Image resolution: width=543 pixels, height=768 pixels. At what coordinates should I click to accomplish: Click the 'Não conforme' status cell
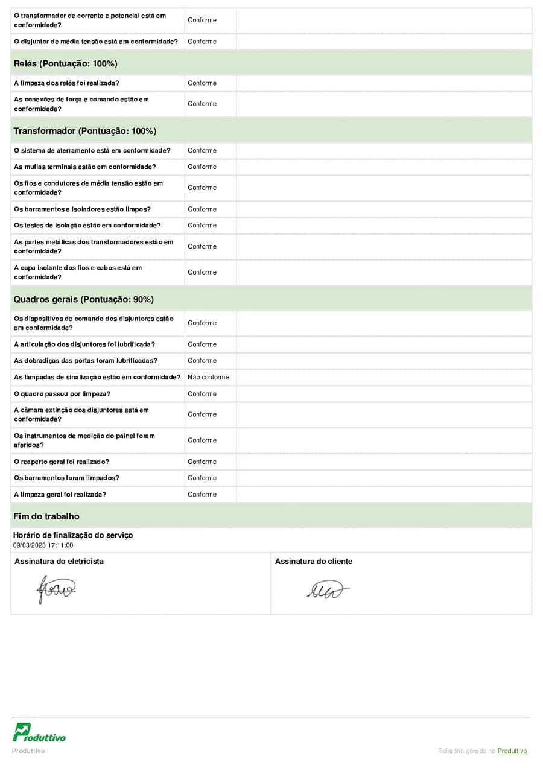[x=208, y=377]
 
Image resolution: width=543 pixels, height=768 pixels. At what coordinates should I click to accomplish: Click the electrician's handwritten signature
[x=56, y=588]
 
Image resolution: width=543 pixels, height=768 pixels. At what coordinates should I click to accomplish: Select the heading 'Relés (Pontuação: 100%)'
[x=65, y=63]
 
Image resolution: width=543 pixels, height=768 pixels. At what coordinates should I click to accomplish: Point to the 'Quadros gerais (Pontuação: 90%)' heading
[x=83, y=299]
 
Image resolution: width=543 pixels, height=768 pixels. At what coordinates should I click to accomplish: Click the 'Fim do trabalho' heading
[x=46, y=516]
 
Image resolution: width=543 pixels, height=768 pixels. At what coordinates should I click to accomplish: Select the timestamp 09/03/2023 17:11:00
[x=43, y=545]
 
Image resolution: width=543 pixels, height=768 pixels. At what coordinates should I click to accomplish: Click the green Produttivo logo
[x=39, y=732]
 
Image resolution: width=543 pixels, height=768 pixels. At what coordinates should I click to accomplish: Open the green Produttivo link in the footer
[x=512, y=751]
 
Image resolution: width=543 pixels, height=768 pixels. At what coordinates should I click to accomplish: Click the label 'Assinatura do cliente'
[x=314, y=561]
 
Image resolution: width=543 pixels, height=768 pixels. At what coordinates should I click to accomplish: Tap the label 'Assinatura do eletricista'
[x=59, y=561]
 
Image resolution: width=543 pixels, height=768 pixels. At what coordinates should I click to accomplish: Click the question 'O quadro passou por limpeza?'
[x=62, y=394]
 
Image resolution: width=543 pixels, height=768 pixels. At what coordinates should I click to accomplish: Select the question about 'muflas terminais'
[x=85, y=167]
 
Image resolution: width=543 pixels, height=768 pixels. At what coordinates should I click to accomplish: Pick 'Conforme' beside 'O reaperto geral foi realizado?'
[x=202, y=462]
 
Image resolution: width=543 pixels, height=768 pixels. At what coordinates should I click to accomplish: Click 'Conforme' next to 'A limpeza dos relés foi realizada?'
[x=202, y=83]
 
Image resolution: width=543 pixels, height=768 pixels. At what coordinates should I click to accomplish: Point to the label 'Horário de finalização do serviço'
[x=73, y=535]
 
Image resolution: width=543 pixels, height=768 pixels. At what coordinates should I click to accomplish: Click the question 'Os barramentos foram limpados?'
[x=66, y=478]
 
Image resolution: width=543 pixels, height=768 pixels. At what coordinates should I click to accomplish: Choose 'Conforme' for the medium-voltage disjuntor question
[x=202, y=42]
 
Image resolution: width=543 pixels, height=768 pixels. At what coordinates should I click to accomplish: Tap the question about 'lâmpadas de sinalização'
[x=97, y=377]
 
